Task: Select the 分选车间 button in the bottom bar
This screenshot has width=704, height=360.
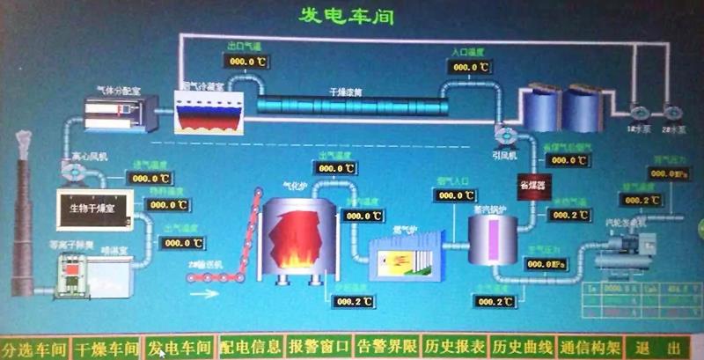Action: coord(34,347)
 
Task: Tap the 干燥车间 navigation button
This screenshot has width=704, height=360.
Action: coord(106,347)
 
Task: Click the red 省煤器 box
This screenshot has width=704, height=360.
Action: coord(531,187)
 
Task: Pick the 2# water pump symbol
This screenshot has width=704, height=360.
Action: coord(674,113)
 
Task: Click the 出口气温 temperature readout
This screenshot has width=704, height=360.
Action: coord(248,62)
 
